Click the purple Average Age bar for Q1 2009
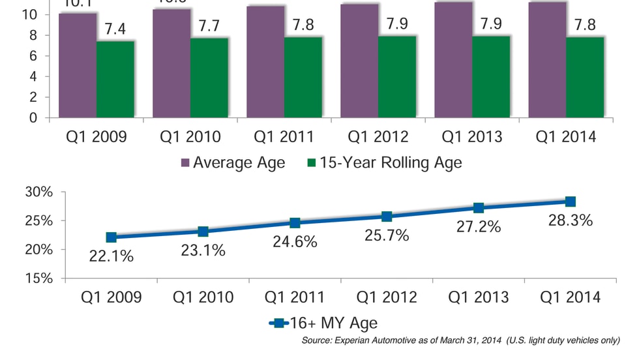77,65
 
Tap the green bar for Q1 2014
584,78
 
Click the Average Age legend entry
232,162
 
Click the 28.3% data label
570,220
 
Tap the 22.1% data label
111,256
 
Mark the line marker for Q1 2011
295,223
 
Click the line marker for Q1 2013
479,208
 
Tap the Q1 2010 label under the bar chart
190,137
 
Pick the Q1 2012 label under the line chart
387,297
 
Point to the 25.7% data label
387,235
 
